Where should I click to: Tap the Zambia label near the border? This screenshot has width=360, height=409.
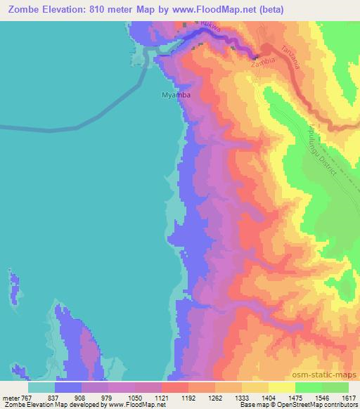262,62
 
